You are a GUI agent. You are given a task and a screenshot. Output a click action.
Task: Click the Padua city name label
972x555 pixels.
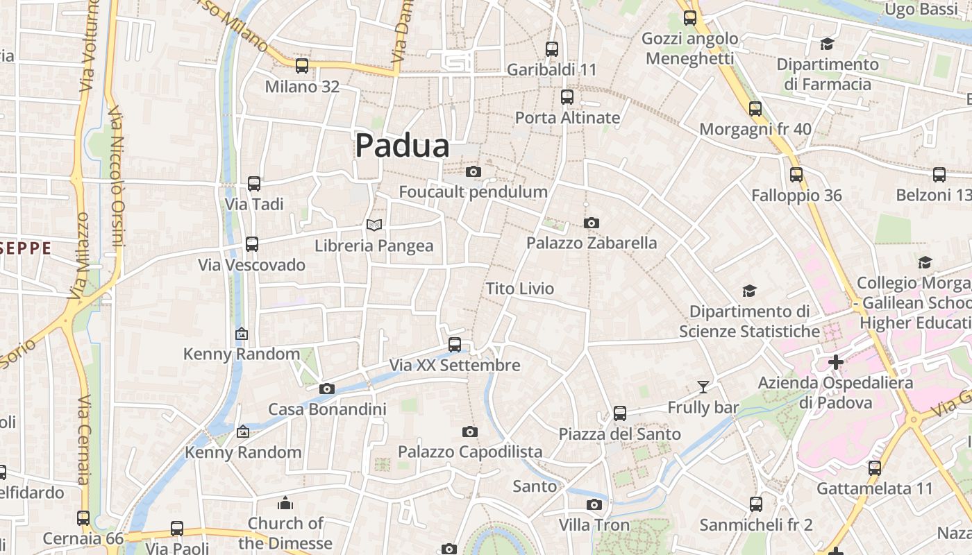[x=402, y=146]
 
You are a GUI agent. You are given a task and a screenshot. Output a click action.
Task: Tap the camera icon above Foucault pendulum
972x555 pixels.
[x=474, y=171]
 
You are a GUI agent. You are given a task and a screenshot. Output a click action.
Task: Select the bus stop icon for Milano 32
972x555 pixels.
[x=302, y=66]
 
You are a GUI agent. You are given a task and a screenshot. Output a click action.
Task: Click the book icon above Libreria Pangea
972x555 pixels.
[x=374, y=225]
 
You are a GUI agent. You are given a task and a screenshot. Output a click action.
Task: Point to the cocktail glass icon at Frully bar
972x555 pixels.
[x=703, y=386]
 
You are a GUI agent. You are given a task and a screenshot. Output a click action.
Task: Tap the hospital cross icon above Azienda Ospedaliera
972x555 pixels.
[x=836, y=361]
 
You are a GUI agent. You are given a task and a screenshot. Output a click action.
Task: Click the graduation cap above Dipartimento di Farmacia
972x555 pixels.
[x=826, y=44]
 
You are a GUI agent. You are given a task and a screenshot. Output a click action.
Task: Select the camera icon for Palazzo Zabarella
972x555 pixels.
[x=592, y=223]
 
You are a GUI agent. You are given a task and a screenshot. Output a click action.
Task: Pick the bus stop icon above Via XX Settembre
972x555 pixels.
[x=455, y=344]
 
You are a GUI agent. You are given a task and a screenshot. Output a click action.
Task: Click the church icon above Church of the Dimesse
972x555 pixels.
[x=285, y=503]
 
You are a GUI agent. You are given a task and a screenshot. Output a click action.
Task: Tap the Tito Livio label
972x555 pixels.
[x=519, y=289]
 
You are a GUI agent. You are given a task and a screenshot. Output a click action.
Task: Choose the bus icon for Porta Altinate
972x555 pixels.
[x=567, y=97]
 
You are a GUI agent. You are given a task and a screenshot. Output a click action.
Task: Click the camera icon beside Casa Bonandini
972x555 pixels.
[x=327, y=388]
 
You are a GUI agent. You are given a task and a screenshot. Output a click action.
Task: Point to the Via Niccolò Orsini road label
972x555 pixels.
[x=116, y=177]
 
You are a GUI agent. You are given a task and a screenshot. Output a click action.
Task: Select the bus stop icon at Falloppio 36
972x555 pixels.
[x=796, y=175]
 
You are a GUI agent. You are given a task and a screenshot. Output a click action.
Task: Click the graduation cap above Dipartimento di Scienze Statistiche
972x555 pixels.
[x=749, y=291]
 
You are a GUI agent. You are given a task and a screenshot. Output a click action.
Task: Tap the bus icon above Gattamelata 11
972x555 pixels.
[x=875, y=468]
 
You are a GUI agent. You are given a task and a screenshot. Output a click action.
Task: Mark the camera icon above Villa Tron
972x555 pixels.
[x=594, y=504]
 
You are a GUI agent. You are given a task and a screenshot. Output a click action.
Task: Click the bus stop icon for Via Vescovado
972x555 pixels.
[x=252, y=244]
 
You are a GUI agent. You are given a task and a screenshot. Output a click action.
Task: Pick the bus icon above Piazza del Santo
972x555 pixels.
[x=620, y=413]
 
